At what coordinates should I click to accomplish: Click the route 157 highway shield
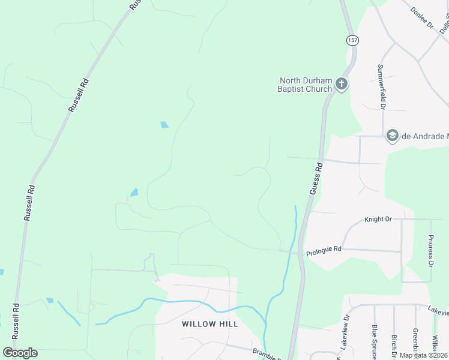[352, 40]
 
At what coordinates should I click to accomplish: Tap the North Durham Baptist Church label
[306, 85]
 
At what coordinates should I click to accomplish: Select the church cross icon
[342, 84]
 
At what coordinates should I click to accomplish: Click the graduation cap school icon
[393, 136]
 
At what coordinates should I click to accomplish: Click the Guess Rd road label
[316, 178]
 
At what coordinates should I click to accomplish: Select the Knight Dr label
[378, 220]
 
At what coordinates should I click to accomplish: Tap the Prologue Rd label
[324, 249]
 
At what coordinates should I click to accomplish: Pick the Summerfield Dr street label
[381, 87]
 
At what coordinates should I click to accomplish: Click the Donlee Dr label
[422, 18]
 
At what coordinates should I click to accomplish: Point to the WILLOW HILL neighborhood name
[210, 324]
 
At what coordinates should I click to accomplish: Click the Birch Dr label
[394, 345]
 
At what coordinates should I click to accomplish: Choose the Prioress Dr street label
[430, 250]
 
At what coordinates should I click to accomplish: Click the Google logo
[20, 353]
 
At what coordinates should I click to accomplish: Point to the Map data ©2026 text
[423, 355]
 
